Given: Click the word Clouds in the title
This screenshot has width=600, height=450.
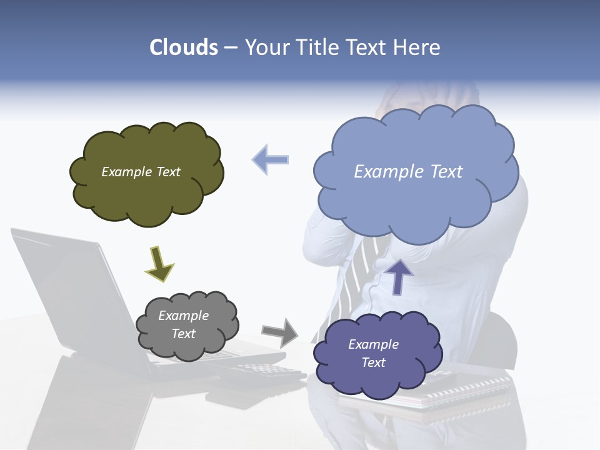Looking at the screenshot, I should pyautogui.click(x=184, y=47).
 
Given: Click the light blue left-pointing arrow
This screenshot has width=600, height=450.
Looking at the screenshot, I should pyautogui.click(x=271, y=159).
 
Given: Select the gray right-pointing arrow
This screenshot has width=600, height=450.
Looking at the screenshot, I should pyautogui.click(x=279, y=332).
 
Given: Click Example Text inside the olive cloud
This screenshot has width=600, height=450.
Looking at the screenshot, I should pyautogui.click(x=141, y=172).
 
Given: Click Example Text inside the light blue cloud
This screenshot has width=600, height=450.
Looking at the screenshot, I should pyautogui.click(x=408, y=172).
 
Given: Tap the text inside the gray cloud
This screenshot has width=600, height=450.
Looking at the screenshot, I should pyautogui.click(x=184, y=324).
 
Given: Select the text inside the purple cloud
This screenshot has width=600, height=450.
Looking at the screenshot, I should pyautogui.click(x=373, y=353).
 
